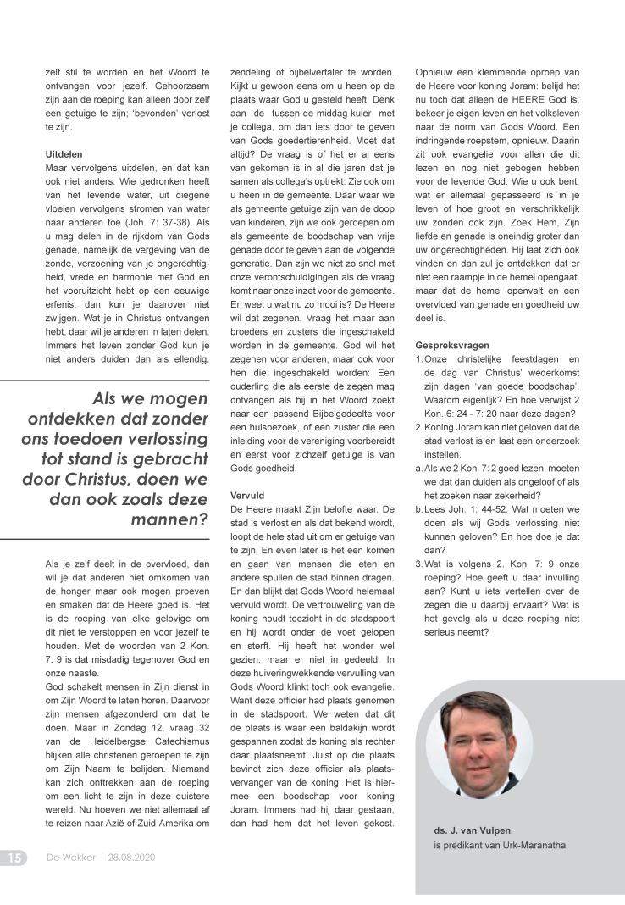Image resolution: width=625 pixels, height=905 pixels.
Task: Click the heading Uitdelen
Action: click(64, 155)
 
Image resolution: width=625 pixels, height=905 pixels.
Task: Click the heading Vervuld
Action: click(247, 494)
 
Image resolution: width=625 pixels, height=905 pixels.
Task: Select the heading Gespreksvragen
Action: click(452, 345)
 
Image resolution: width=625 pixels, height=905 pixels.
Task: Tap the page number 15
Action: click(14, 858)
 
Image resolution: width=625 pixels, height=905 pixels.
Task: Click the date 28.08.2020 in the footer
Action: click(131, 858)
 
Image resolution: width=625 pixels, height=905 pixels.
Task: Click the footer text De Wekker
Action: click(70, 858)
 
